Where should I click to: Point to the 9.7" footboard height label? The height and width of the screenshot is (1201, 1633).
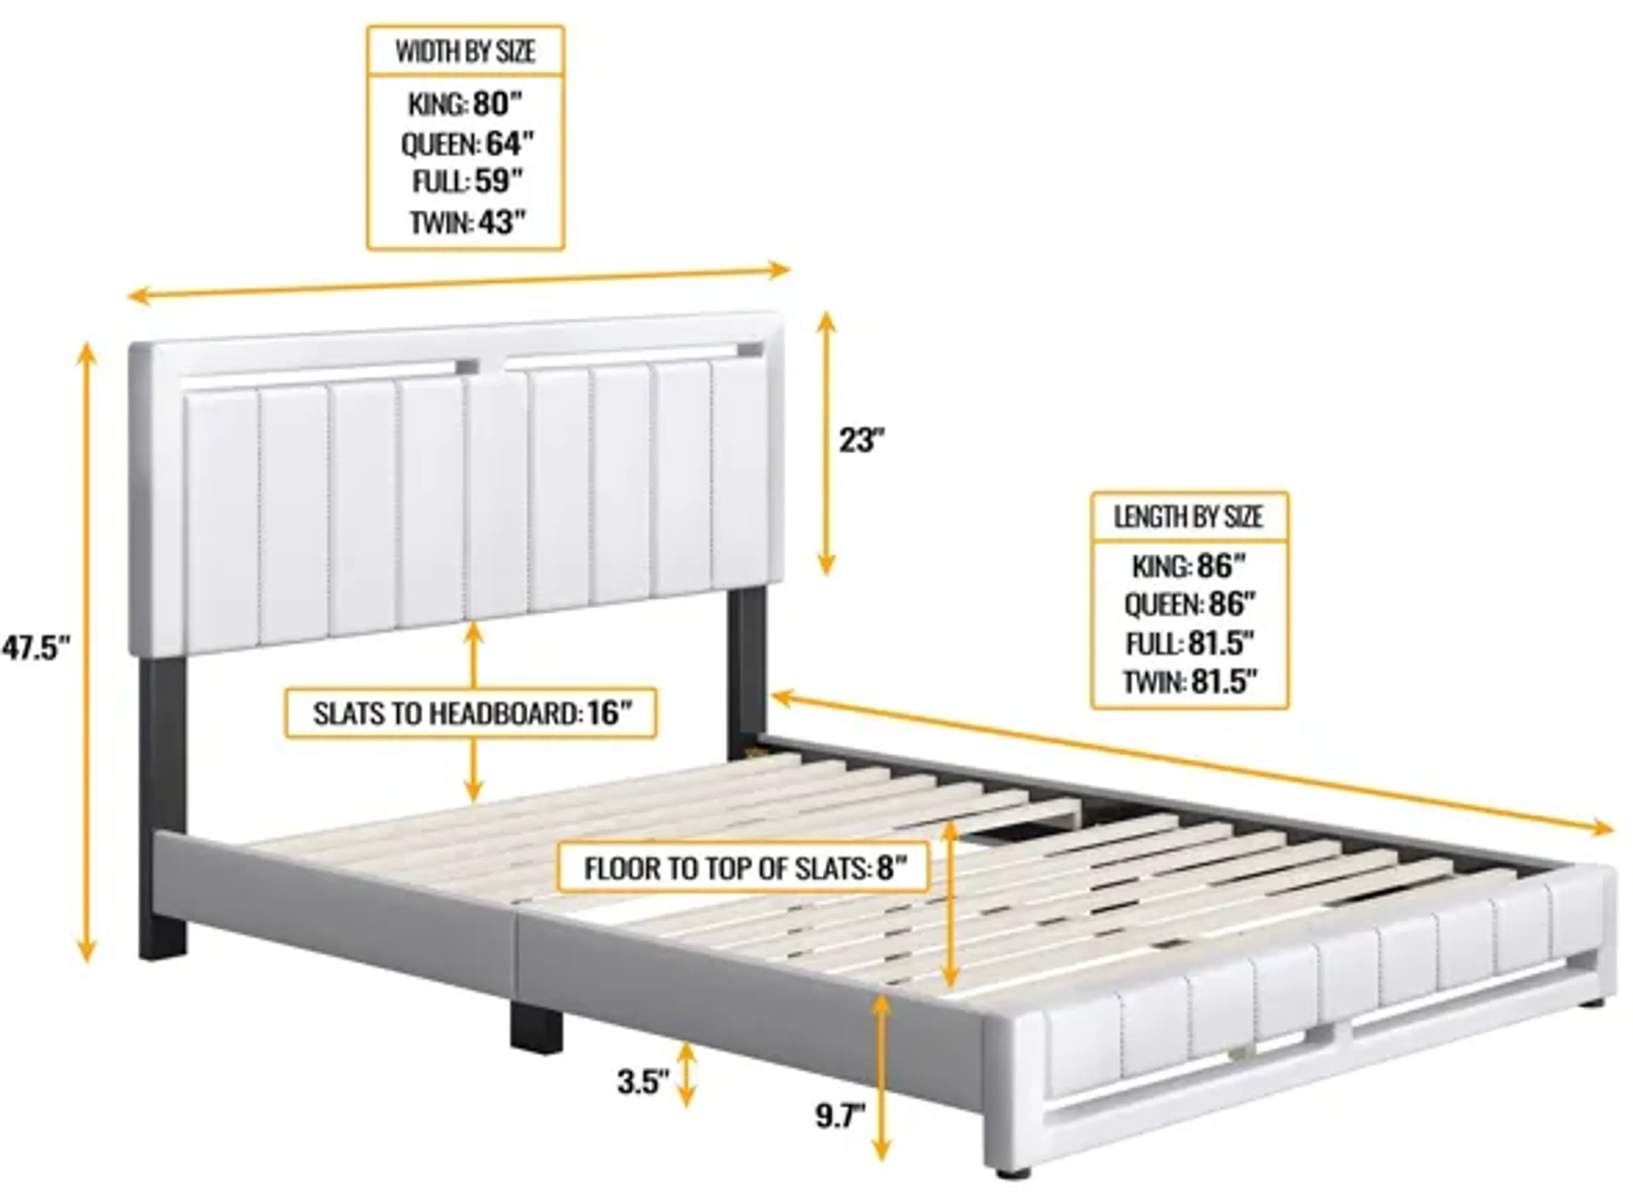pos(840,1115)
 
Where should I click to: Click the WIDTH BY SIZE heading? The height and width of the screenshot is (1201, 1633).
pos(465,51)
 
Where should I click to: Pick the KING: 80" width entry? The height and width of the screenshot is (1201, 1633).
pos(465,104)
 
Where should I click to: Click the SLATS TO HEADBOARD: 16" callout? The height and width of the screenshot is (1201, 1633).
pos(471,713)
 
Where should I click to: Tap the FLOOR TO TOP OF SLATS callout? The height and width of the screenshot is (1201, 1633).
pos(743,867)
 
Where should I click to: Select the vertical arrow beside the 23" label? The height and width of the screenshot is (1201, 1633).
pos(826,443)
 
